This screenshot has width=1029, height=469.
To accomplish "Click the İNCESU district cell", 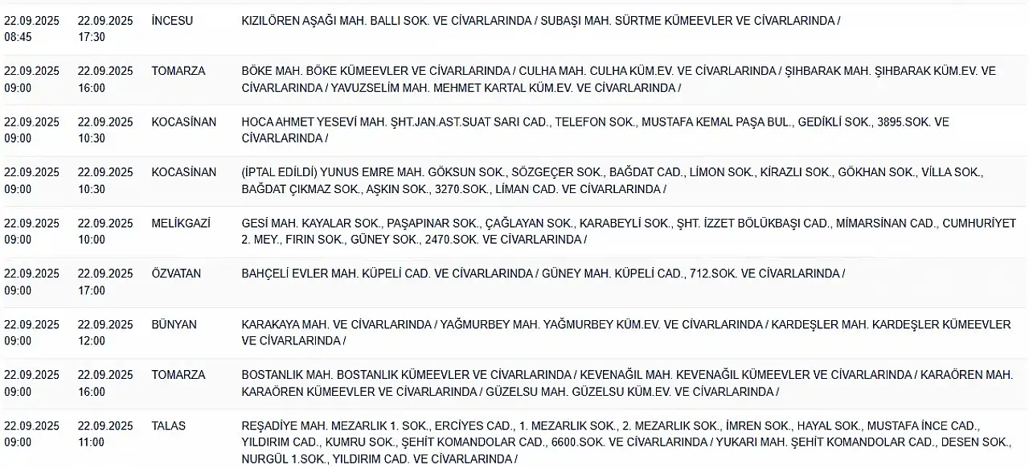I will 172,21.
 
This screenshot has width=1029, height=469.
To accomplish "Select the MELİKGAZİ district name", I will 181,223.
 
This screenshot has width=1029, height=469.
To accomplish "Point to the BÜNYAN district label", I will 173,324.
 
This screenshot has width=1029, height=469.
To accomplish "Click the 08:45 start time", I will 18,37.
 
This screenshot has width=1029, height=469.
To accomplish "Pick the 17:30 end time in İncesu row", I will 91,37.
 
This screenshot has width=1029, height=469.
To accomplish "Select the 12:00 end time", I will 91,340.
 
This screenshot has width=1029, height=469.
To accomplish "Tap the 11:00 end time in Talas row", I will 91,442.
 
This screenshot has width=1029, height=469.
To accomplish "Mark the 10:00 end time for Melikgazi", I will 91,239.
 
